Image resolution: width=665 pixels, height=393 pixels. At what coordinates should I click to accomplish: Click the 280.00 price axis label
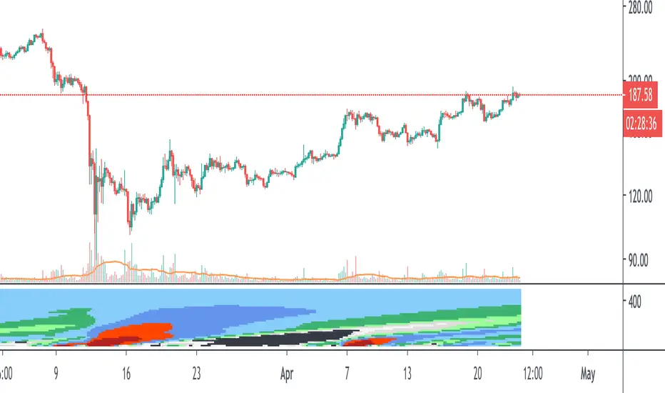[639, 9]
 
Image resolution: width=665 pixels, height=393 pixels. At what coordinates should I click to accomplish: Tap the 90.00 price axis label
[641, 260]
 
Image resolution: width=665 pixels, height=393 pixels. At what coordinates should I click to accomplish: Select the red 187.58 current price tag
[639, 96]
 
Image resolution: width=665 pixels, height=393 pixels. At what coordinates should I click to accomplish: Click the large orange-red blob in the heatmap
[136, 333]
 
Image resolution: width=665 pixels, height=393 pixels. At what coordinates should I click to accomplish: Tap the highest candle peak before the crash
[42, 31]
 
